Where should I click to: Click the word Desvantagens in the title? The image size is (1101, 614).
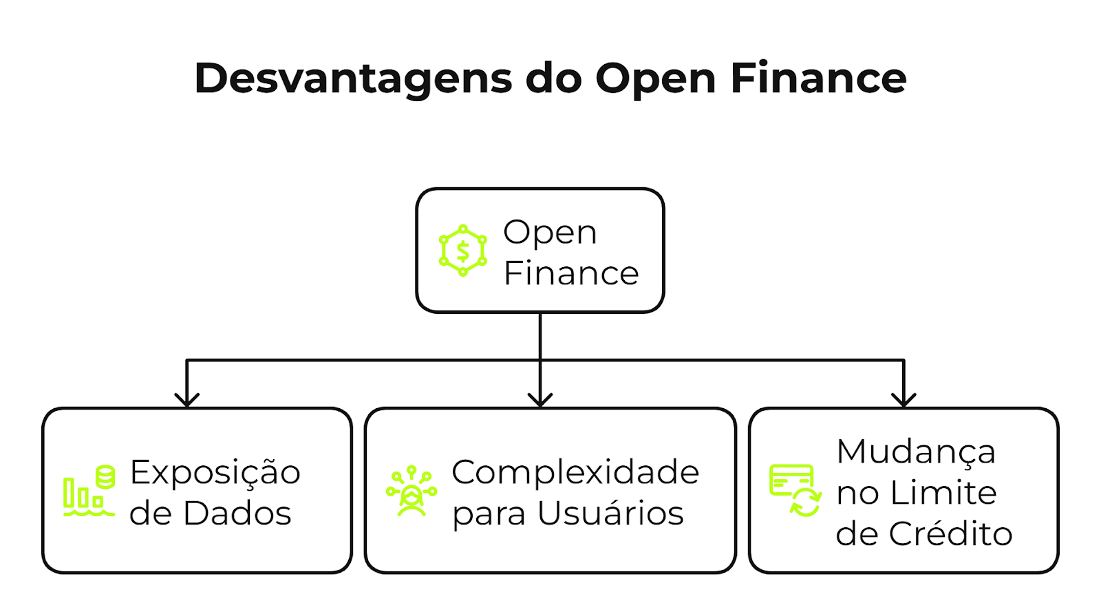[x=353, y=79]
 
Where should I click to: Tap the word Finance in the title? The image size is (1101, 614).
[x=818, y=78]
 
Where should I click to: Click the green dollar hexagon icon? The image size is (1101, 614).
[x=462, y=251]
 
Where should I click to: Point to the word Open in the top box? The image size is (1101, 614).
[x=550, y=233]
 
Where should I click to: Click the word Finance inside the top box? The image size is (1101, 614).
[x=571, y=273]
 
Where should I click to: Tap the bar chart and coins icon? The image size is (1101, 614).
[x=89, y=491]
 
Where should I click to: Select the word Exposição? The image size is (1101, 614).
[x=215, y=472]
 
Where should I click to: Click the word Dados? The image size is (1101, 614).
[x=237, y=514]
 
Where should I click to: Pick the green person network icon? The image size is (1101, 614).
[x=411, y=491]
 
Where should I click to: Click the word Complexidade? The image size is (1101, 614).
[x=575, y=472]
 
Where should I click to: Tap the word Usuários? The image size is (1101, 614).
[x=610, y=514]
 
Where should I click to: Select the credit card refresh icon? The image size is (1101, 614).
[x=795, y=490]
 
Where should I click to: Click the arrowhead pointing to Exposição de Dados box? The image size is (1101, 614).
[x=186, y=399]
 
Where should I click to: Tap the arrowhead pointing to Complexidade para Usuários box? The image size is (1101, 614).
[x=540, y=399]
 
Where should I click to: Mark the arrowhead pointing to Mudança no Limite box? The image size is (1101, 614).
[x=903, y=399]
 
